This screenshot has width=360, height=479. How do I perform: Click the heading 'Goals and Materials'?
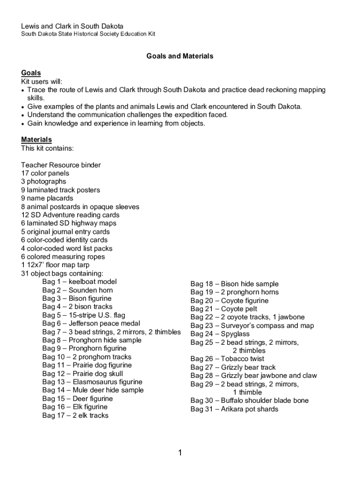click(x=180, y=56)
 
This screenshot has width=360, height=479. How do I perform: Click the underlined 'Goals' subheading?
click(x=31, y=73)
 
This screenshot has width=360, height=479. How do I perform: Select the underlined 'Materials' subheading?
click(x=36, y=140)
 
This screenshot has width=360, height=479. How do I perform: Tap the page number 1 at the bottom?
click(x=180, y=452)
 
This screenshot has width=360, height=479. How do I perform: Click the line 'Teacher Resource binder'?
click(x=61, y=165)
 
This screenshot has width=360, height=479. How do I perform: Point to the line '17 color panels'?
click(x=45, y=174)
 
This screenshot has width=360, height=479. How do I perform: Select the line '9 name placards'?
click(x=47, y=198)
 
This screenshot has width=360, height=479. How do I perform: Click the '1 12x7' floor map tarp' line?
click(x=55, y=265)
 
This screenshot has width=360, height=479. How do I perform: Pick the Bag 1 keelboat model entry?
click(x=79, y=282)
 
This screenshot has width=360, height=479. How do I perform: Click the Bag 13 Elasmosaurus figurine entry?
click(x=92, y=382)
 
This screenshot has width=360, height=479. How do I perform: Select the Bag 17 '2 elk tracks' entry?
click(x=75, y=415)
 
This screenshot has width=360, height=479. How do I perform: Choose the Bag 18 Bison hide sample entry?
click(x=234, y=284)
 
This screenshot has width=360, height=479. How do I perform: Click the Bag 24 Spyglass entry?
click(x=220, y=334)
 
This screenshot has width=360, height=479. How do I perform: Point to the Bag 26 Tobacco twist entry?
click(x=227, y=359)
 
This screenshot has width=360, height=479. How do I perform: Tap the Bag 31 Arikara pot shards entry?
click(x=234, y=409)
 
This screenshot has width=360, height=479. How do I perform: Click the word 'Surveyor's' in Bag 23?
click(x=238, y=326)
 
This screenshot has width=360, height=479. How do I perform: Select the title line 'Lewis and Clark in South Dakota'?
click(x=72, y=26)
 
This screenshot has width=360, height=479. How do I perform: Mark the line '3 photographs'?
click(x=43, y=181)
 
